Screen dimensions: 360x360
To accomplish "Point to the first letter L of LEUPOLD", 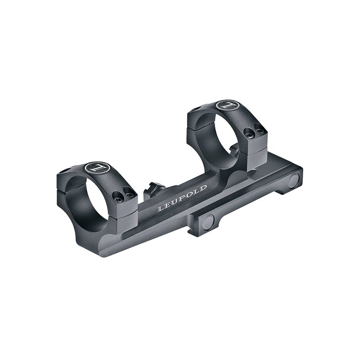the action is click(x=160, y=209).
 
